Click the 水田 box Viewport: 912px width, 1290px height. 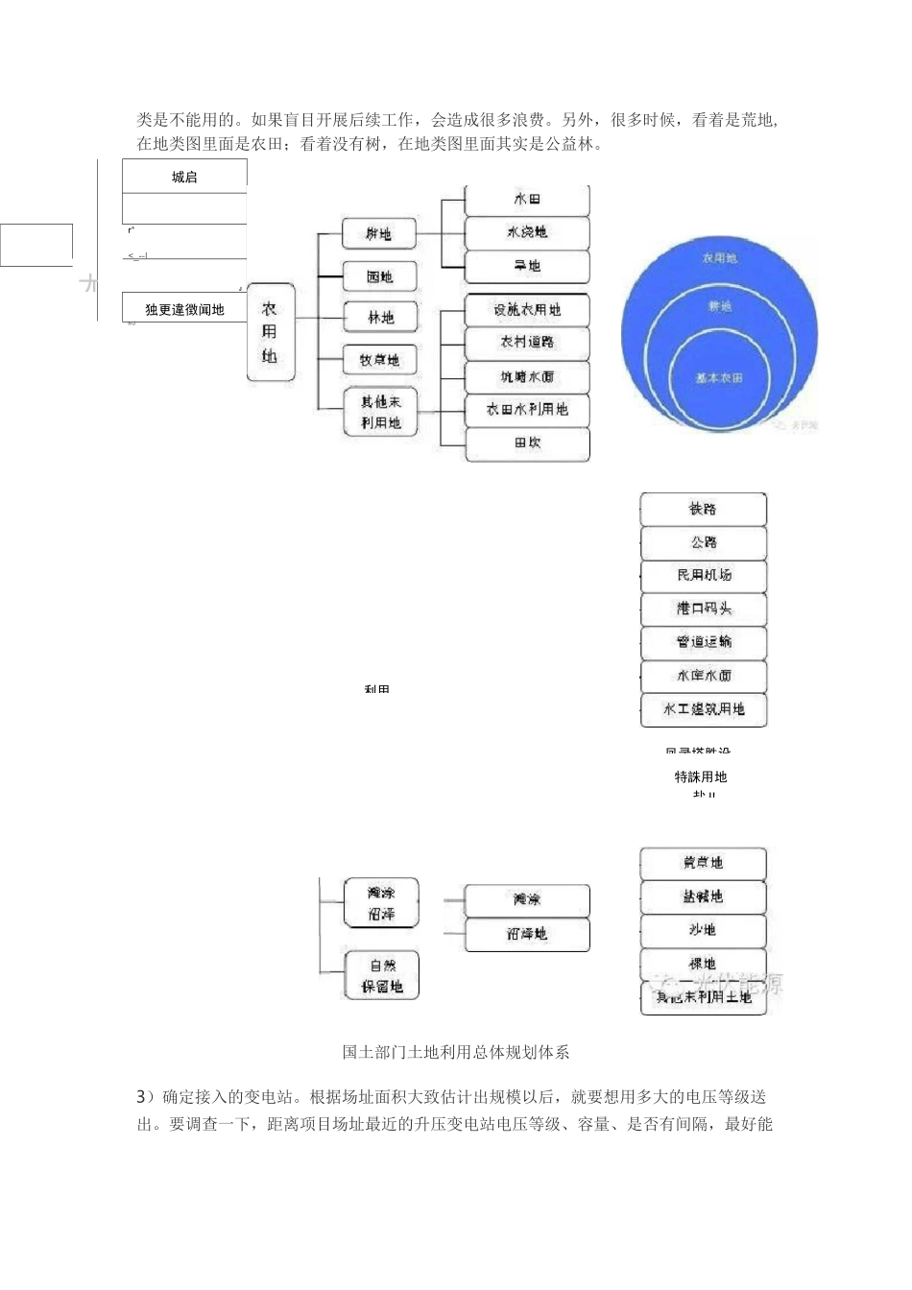526,200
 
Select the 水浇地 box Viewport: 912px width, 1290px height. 526,232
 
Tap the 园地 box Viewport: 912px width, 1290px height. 380,277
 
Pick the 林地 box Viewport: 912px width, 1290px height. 380,318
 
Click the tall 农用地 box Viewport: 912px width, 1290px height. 270,332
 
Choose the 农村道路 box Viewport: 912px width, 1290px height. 526,343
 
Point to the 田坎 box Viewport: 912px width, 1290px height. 526,443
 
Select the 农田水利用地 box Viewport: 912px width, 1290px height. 526,410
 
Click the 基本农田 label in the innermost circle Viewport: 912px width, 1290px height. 719,378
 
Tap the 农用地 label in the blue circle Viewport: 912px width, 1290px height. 719,258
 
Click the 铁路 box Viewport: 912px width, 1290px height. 703,510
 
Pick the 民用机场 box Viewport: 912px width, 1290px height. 703,576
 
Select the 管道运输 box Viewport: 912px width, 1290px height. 703,642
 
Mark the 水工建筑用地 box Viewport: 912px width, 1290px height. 703,710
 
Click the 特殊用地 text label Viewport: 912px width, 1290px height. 701,776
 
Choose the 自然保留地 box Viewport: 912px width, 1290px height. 381,976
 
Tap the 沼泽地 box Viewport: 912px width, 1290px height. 526,934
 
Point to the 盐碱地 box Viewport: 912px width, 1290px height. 703,896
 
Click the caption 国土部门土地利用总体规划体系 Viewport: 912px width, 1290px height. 456,1052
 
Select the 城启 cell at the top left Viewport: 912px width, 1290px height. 184,177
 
